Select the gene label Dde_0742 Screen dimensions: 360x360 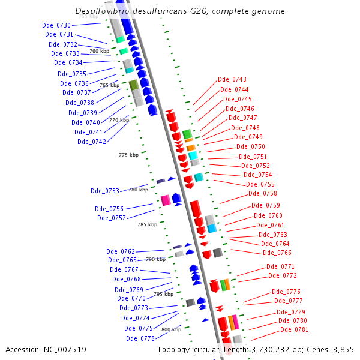click(92, 142)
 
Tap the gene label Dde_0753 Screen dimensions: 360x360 click(105, 191)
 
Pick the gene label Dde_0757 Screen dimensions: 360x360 click(112, 218)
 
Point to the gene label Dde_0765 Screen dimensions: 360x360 click(122, 260)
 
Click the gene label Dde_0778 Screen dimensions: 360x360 click(140, 338)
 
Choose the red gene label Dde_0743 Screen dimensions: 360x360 click(232, 79)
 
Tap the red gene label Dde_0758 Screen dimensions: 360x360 click(263, 193)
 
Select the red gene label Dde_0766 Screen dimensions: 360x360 click(277, 253)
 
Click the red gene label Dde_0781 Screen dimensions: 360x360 click(294, 329)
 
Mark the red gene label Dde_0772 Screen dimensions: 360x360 click(283, 275)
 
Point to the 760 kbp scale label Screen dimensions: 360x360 click(100, 51)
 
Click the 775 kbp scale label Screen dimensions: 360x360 click(128, 155)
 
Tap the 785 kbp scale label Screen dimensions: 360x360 click(147, 224)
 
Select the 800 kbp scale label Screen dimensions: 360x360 click(171, 329)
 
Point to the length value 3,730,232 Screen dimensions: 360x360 click(268, 349)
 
